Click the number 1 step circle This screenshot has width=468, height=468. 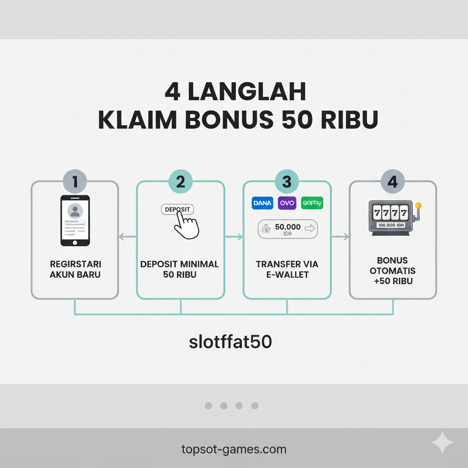coord(75,182)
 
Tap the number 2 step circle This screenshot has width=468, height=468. coord(181,182)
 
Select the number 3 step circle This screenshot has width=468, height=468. coord(287,182)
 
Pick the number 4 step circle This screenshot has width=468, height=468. coord(393,182)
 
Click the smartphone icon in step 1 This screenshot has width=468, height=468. coord(75,220)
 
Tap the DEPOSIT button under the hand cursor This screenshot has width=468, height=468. coord(177,209)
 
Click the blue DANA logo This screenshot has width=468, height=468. coord(262,203)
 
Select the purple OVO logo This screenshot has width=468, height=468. coord(287,203)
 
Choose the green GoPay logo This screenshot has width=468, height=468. coord(312,203)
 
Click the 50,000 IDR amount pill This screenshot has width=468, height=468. coord(287,229)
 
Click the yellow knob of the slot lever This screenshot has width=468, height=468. coord(419,205)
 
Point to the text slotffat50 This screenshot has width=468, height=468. coord(230,342)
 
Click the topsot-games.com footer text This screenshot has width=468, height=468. coord(234,449)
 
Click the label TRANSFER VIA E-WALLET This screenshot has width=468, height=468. coord(287,269)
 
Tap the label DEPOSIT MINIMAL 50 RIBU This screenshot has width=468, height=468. coord(180,269)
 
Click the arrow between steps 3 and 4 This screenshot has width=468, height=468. coord(340,236)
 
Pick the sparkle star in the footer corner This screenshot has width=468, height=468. coord(442,443)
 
